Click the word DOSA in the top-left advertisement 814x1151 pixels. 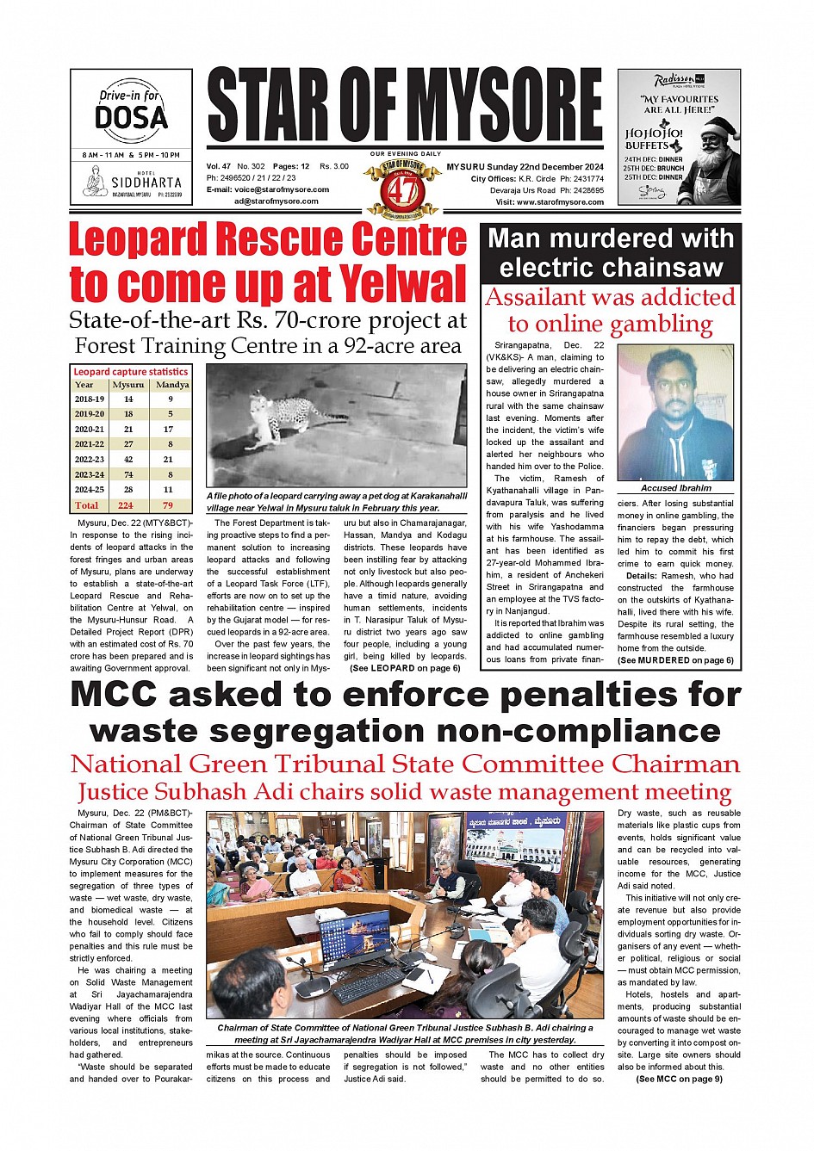[x=131, y=117]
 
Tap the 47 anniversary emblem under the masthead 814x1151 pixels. [x=402, y=187]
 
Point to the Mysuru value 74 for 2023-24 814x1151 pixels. [x=128, y=474]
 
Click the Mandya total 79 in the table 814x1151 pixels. [x=169, y=505]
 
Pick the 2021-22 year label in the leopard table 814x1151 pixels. [x=90, y=444]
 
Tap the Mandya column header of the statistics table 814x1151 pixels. [x=172, y=385]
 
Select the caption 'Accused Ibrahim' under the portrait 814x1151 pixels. [x=676, y=488]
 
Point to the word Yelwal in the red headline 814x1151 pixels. [x=402, y=283]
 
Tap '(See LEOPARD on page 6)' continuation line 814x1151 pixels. [x=405, y=668]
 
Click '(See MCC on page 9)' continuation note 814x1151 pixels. [x=679, y=1079]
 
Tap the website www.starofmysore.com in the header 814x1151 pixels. [x=560, y=202]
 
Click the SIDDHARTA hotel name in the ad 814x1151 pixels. [x=146, y=183]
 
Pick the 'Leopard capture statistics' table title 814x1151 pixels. [x=130, y=372]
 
